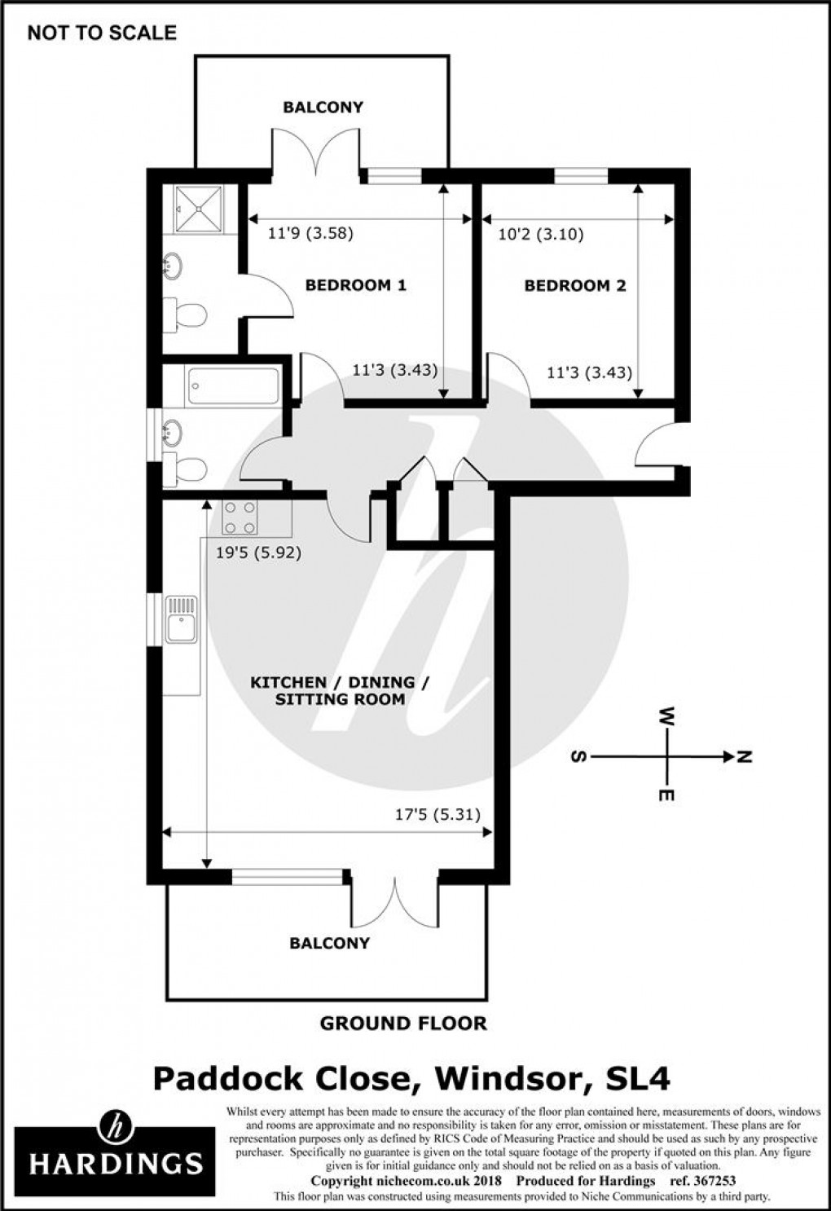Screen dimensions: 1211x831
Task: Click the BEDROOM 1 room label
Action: [x=355, y=285]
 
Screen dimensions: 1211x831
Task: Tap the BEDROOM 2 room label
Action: [x=574, y=285]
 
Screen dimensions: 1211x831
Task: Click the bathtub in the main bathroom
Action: [x=234, y=387]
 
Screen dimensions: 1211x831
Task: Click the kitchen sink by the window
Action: [x=181, y=621]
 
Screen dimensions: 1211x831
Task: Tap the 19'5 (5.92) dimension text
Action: [x=259, y=553]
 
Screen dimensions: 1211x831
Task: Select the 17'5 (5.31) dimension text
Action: [x=438, y=814]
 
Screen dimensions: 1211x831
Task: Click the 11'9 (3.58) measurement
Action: [x=310, y=234]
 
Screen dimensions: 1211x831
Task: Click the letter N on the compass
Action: [x=743, y=757]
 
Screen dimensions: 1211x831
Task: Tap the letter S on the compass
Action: [x=578, y=757]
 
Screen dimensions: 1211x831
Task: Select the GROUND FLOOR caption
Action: [x=403, y=1023]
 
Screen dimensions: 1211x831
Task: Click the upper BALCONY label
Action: [x=323, y=107]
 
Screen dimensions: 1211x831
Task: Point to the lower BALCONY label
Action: [x=329, y=943]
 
